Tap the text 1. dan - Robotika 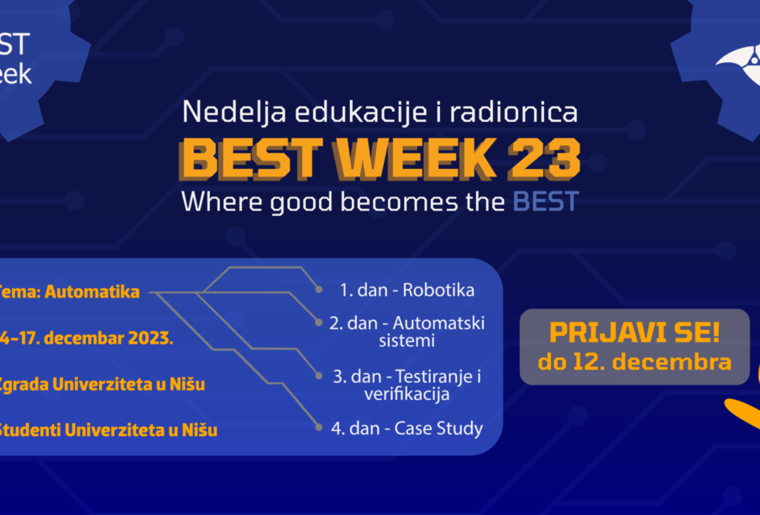(x=406, y=291)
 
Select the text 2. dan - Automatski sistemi (x=406, y=332)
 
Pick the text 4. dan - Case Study (x=406, y=428)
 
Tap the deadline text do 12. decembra (x=634, y=363)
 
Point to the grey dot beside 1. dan (x=319, y=290)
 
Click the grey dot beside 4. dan (x=319, y=427)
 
